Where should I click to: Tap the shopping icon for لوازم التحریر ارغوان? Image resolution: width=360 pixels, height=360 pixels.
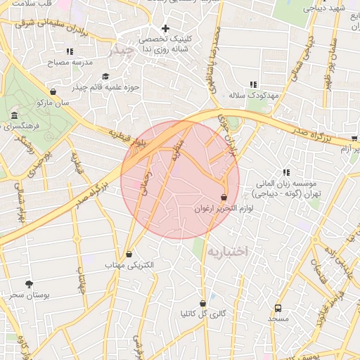pos(224,197)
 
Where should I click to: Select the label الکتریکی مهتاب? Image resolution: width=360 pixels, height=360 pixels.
pos(129,266)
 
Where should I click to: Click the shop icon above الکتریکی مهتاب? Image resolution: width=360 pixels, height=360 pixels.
pos(129,254)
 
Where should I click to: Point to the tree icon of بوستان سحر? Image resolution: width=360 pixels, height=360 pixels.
pos(28,283)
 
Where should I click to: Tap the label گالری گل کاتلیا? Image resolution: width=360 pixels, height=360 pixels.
pos(203,314)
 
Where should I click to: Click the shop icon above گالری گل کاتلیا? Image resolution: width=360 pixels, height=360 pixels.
pos(203,303)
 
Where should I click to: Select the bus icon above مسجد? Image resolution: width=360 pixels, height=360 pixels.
pos(278,308)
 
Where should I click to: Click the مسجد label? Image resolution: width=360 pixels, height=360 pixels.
pos(278,319)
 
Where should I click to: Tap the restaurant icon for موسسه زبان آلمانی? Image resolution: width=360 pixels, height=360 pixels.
pos(286,172)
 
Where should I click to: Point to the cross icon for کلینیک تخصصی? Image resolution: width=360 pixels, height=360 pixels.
pos(165,29)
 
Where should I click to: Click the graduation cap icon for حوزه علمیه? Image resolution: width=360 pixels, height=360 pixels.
pos(105,77)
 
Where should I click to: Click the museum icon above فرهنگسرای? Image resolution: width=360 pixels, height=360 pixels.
pos(14,115)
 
